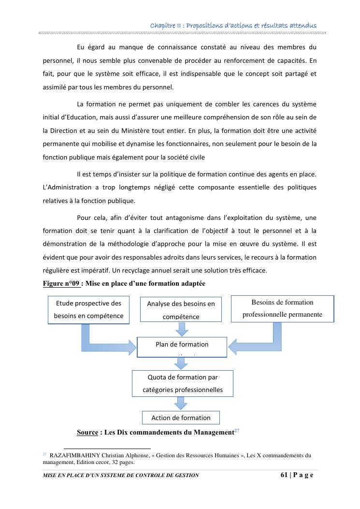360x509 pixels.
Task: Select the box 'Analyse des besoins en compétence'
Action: (x=181, y=310)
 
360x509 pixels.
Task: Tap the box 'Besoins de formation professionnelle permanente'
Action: (x=282, y=309)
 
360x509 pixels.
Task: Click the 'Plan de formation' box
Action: (x=182, y=347)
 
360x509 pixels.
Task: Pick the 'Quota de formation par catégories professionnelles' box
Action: (x=182, y=383)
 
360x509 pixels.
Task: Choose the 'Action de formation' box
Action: (x=181, y=418)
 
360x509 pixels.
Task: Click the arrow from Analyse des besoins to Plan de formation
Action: (x=181, y=329)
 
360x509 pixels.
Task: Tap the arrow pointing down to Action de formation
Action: (x=181, y=403)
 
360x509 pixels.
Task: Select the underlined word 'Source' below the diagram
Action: (x=87, y=432)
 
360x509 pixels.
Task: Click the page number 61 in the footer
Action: (x=284, y=475)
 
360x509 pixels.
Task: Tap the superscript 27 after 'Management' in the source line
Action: (x=237, y=430)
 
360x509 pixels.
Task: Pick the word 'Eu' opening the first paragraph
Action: (x=81, y=47)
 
